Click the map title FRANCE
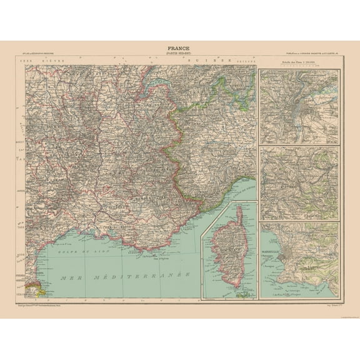point(179,47)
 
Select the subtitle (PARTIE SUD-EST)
point(179,53)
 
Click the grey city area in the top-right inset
point(298,99)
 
